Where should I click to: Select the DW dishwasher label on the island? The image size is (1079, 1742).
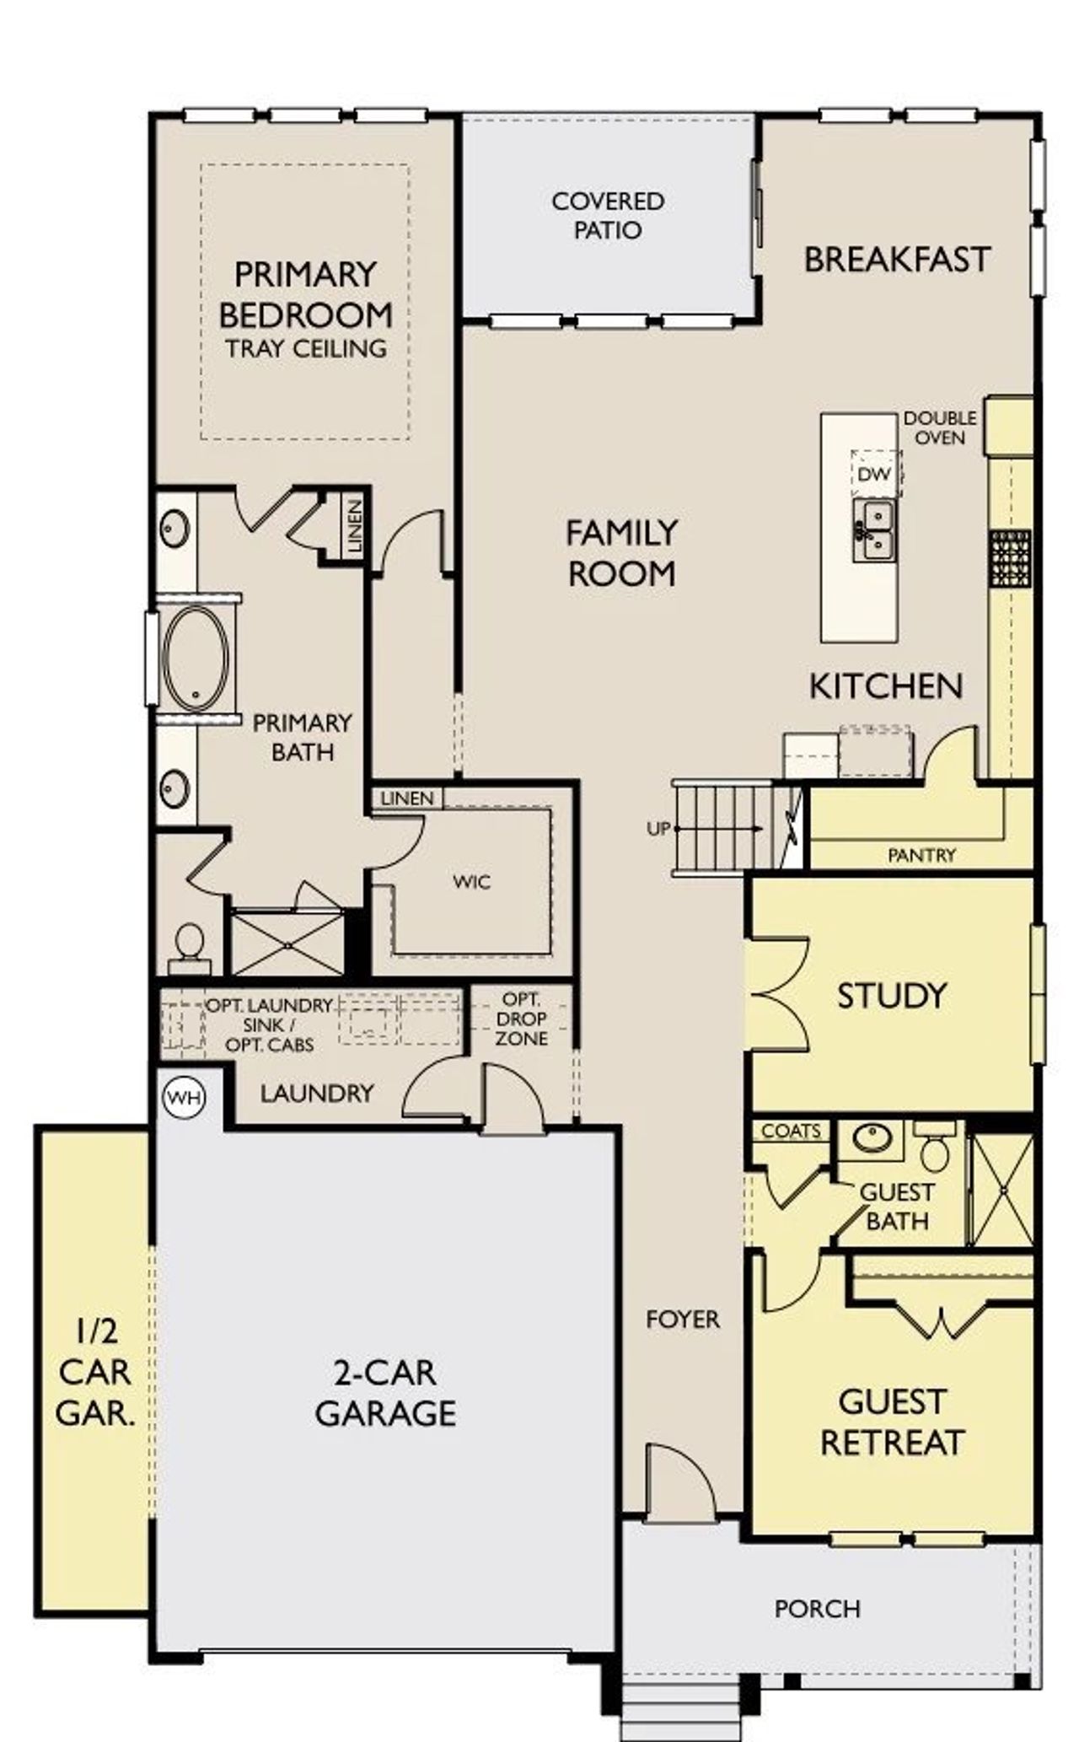pos(874,475)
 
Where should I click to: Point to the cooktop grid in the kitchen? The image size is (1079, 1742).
pos(1010,557)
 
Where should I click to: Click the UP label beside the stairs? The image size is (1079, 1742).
pos(658,829)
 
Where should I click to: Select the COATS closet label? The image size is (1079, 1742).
pos(790,1132)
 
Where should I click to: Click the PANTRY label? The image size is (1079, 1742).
pos(921,855)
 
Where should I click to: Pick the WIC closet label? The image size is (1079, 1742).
pos(471,882)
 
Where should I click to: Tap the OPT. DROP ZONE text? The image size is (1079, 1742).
pos(521,1019)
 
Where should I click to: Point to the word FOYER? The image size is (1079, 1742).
pos(683,1320)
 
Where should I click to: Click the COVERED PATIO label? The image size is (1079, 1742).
pos(608,215)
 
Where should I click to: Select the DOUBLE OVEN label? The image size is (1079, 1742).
pos(939,427)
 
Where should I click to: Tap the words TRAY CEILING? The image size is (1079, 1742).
pos(306,348)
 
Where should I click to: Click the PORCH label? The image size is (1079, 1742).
pos(817,1609)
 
